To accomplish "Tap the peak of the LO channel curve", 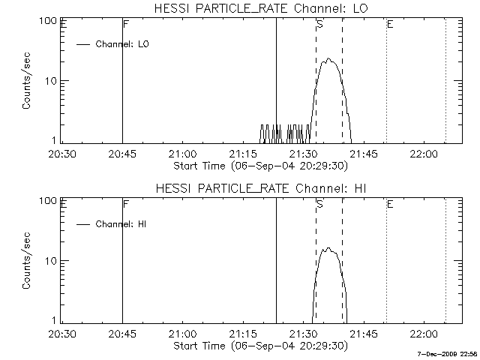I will tap(328, 59).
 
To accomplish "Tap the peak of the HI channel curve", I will tap(328, 249).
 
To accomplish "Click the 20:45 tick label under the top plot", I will tap(122, 154).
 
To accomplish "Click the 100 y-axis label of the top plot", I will tap(49, 21).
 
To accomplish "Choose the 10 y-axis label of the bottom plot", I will tap(52, 260).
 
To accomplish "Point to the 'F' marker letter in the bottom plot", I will tap(125, 204).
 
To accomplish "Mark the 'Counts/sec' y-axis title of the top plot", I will tap(26, 81).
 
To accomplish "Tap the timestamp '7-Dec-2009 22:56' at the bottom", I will tap(447, 352).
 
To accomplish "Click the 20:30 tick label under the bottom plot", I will tap(62, 334).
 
